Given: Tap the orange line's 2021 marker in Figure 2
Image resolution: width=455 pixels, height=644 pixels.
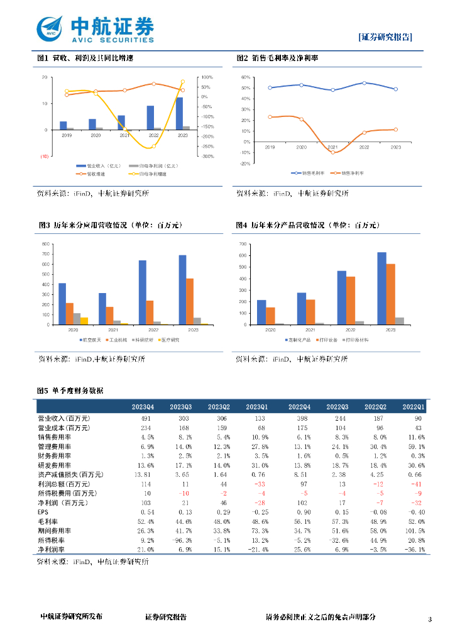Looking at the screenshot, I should click(x=333, y=152).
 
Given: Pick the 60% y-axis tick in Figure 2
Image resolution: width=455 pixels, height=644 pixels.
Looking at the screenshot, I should click(x=246, y=77).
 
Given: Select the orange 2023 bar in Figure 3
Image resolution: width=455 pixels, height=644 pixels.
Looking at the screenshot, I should click(x=190, y=301).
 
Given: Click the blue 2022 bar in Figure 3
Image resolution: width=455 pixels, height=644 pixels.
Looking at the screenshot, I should click(x=142, y=292).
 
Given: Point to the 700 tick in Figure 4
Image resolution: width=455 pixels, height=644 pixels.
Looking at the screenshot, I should click(x=244, y=243).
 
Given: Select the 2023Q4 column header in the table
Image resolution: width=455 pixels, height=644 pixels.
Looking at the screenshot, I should click(x=142, y=407).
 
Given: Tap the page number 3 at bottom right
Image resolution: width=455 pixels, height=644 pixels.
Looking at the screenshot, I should click(x=430, y=619).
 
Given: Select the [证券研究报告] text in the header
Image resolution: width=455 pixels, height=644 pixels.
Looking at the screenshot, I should click(x=385, y=36).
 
